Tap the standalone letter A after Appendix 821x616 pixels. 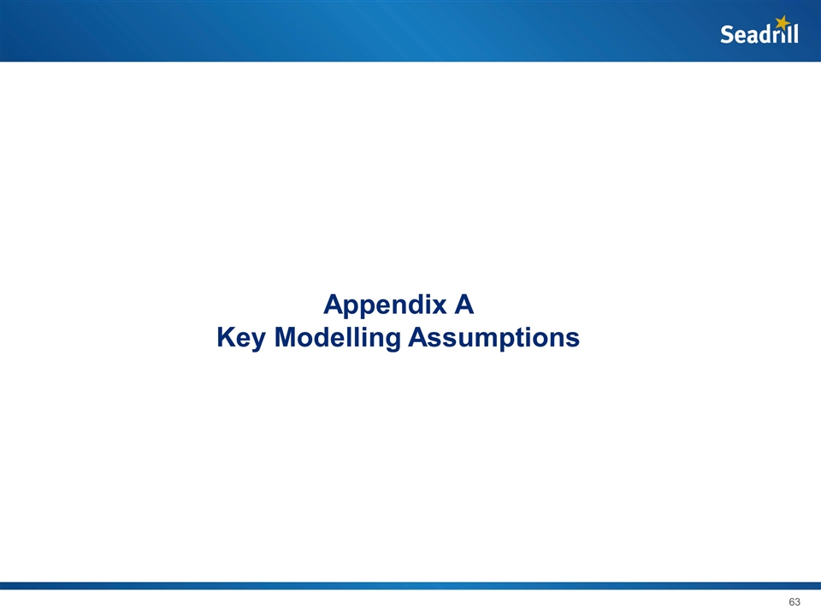click(464, 305)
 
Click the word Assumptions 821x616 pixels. click(493, 339)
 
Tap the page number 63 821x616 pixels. click(794, 602)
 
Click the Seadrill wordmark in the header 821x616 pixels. click(759, 34)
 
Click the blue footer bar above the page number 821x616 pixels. click(410, 586)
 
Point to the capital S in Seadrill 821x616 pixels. click(727, 35)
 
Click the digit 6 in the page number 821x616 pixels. click(791, 602)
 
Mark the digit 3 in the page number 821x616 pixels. click(799, 602)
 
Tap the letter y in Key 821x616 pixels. click(261, 341)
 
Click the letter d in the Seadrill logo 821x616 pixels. click(765, 34)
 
